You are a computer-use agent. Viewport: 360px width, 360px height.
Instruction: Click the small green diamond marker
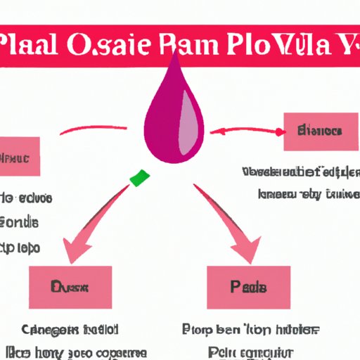tap(140, 177)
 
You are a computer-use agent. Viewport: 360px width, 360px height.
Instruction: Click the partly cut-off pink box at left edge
tap(20, 156)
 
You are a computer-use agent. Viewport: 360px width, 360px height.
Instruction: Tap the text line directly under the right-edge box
tap(301, 172)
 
